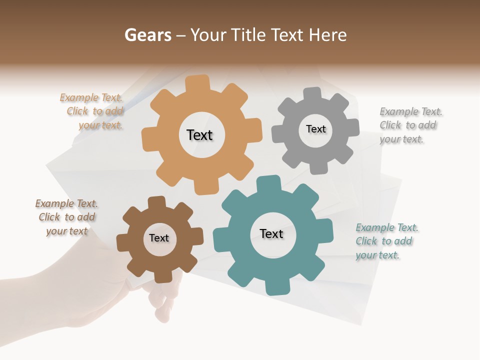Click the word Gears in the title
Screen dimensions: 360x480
point(147,35)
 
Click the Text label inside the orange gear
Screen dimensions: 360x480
point(199,135)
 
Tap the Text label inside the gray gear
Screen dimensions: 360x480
point(315,129)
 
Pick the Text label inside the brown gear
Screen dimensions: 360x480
point(159,238)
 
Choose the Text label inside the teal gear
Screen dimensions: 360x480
point(271,233)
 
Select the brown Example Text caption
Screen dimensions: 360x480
point(67,217)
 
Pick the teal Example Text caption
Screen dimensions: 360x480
point(386,241)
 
